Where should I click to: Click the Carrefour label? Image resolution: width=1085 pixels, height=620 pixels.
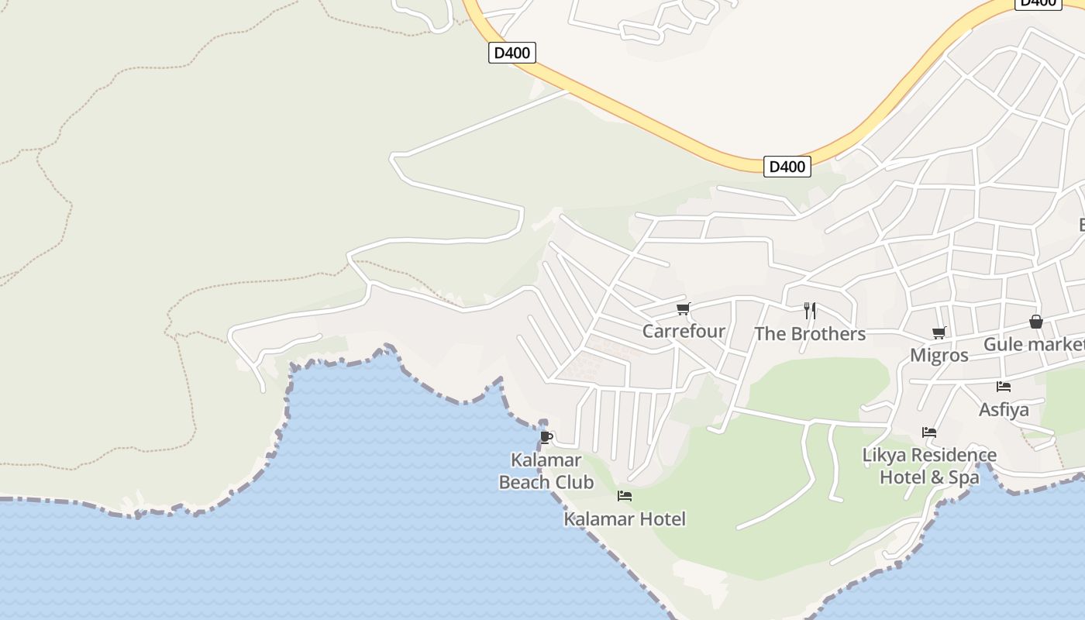(x=684, y=332)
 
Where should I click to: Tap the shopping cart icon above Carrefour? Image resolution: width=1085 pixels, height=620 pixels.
(x=683, y=309)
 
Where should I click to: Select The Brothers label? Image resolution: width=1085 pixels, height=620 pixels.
(x=810, y=334)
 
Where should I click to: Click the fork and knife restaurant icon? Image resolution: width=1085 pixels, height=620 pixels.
(x=810, y=311)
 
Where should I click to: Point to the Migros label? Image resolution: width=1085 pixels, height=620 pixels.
(x=939, y=356)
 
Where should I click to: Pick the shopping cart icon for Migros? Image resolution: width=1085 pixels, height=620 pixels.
(x=939, y=333)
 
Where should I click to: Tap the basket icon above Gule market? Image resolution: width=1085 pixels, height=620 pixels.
(x=1036, y=322)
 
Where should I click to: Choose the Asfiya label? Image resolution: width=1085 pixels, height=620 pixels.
(x=1004, y=409)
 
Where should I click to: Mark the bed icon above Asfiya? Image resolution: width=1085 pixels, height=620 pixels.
(x=1004, y=386)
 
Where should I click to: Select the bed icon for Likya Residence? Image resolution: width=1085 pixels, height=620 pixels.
(x=929, y=432)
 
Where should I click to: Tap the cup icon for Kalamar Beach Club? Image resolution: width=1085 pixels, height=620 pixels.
(x=546, y=437)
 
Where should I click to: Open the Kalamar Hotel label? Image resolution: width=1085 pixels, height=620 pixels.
(x=625, y=518)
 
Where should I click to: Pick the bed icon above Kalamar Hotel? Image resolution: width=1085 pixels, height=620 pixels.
(x=625, y=496)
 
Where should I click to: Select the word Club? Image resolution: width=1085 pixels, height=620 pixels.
(x=577, y=482)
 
